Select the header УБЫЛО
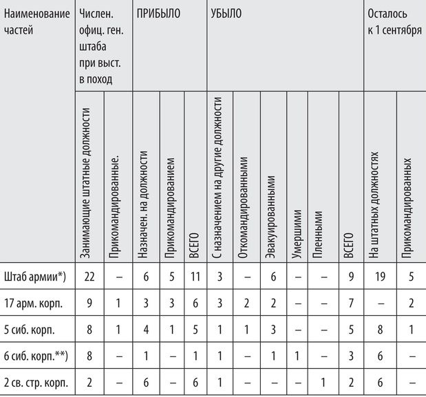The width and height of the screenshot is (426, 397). coord(226,14)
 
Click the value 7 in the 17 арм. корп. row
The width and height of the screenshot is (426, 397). coord(350,303)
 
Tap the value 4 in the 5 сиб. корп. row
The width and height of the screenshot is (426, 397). coord(146,330)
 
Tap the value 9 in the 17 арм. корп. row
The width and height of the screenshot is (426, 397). coord(89,303)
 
